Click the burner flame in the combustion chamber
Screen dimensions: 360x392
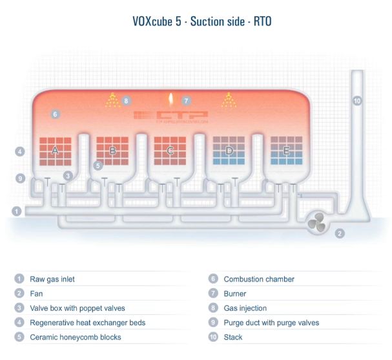(170, 100)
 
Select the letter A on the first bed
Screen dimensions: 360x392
(55, 151)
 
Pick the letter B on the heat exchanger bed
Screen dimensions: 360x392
(112, 151)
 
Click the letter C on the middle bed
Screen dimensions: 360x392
(170, 151)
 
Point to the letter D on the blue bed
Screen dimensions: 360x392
(229, 151)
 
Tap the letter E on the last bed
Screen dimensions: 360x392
(286, 151)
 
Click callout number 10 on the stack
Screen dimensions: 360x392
(357, 101)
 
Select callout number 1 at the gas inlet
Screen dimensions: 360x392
(17, 211)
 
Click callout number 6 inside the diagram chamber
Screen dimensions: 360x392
(55, 114)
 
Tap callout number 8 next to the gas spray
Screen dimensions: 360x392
(126, 101)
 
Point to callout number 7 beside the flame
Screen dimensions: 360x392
(186, 101)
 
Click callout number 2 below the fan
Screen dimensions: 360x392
(340, 233)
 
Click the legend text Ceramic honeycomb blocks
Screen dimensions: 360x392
(75, 337)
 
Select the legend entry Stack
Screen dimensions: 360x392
(232, 337)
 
